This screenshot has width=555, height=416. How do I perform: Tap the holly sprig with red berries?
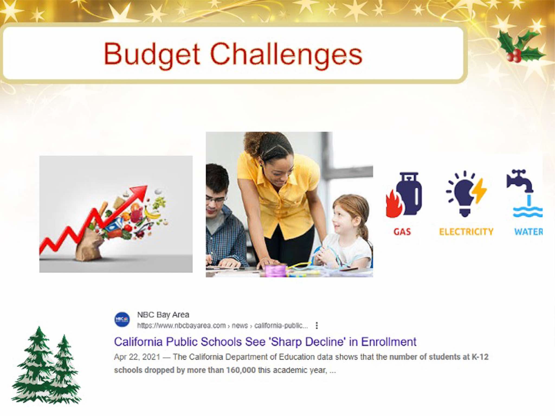click(520, 46)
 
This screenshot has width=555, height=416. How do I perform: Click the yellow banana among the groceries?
click(152, 213)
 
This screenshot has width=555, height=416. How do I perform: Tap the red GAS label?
click(402, 232)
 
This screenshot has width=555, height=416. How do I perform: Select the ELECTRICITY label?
click(466, 232)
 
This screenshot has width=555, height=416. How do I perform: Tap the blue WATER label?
click(528, 232)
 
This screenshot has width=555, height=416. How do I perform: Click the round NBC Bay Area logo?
click(122, 320)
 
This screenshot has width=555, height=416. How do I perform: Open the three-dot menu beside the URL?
click(317, 326)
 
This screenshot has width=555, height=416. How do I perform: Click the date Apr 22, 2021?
click(137, 357)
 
